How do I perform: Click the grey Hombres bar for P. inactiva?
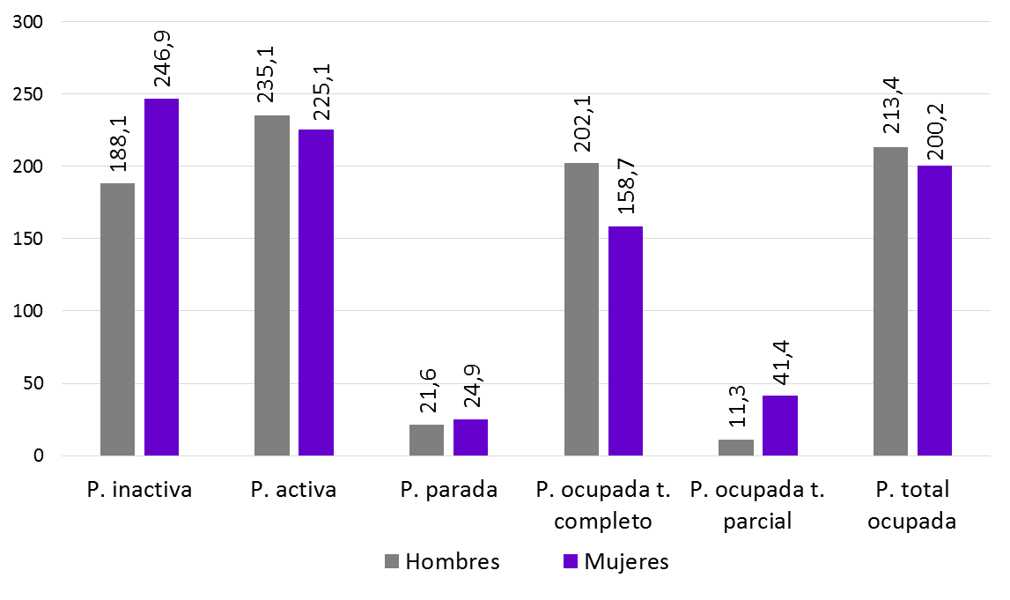(x=117, y=319)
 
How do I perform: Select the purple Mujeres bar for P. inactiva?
(x=161, y=277)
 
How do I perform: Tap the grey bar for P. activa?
(x=271, y=285)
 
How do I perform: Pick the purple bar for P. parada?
(x=470, y=438)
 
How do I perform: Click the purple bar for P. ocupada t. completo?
(x=625, y=341)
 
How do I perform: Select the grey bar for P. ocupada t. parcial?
(x=736, y=448)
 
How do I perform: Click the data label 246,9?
(x=162, y=57)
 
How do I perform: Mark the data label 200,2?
(x=934, y=125)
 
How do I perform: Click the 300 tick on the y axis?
(x=28, y=22)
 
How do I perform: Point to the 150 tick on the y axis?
(x=28, y=239)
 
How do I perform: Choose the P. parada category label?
(x=448, y=491)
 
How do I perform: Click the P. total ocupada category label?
(x=911, y=505)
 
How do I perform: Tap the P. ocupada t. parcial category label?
(x=757, y=505)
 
